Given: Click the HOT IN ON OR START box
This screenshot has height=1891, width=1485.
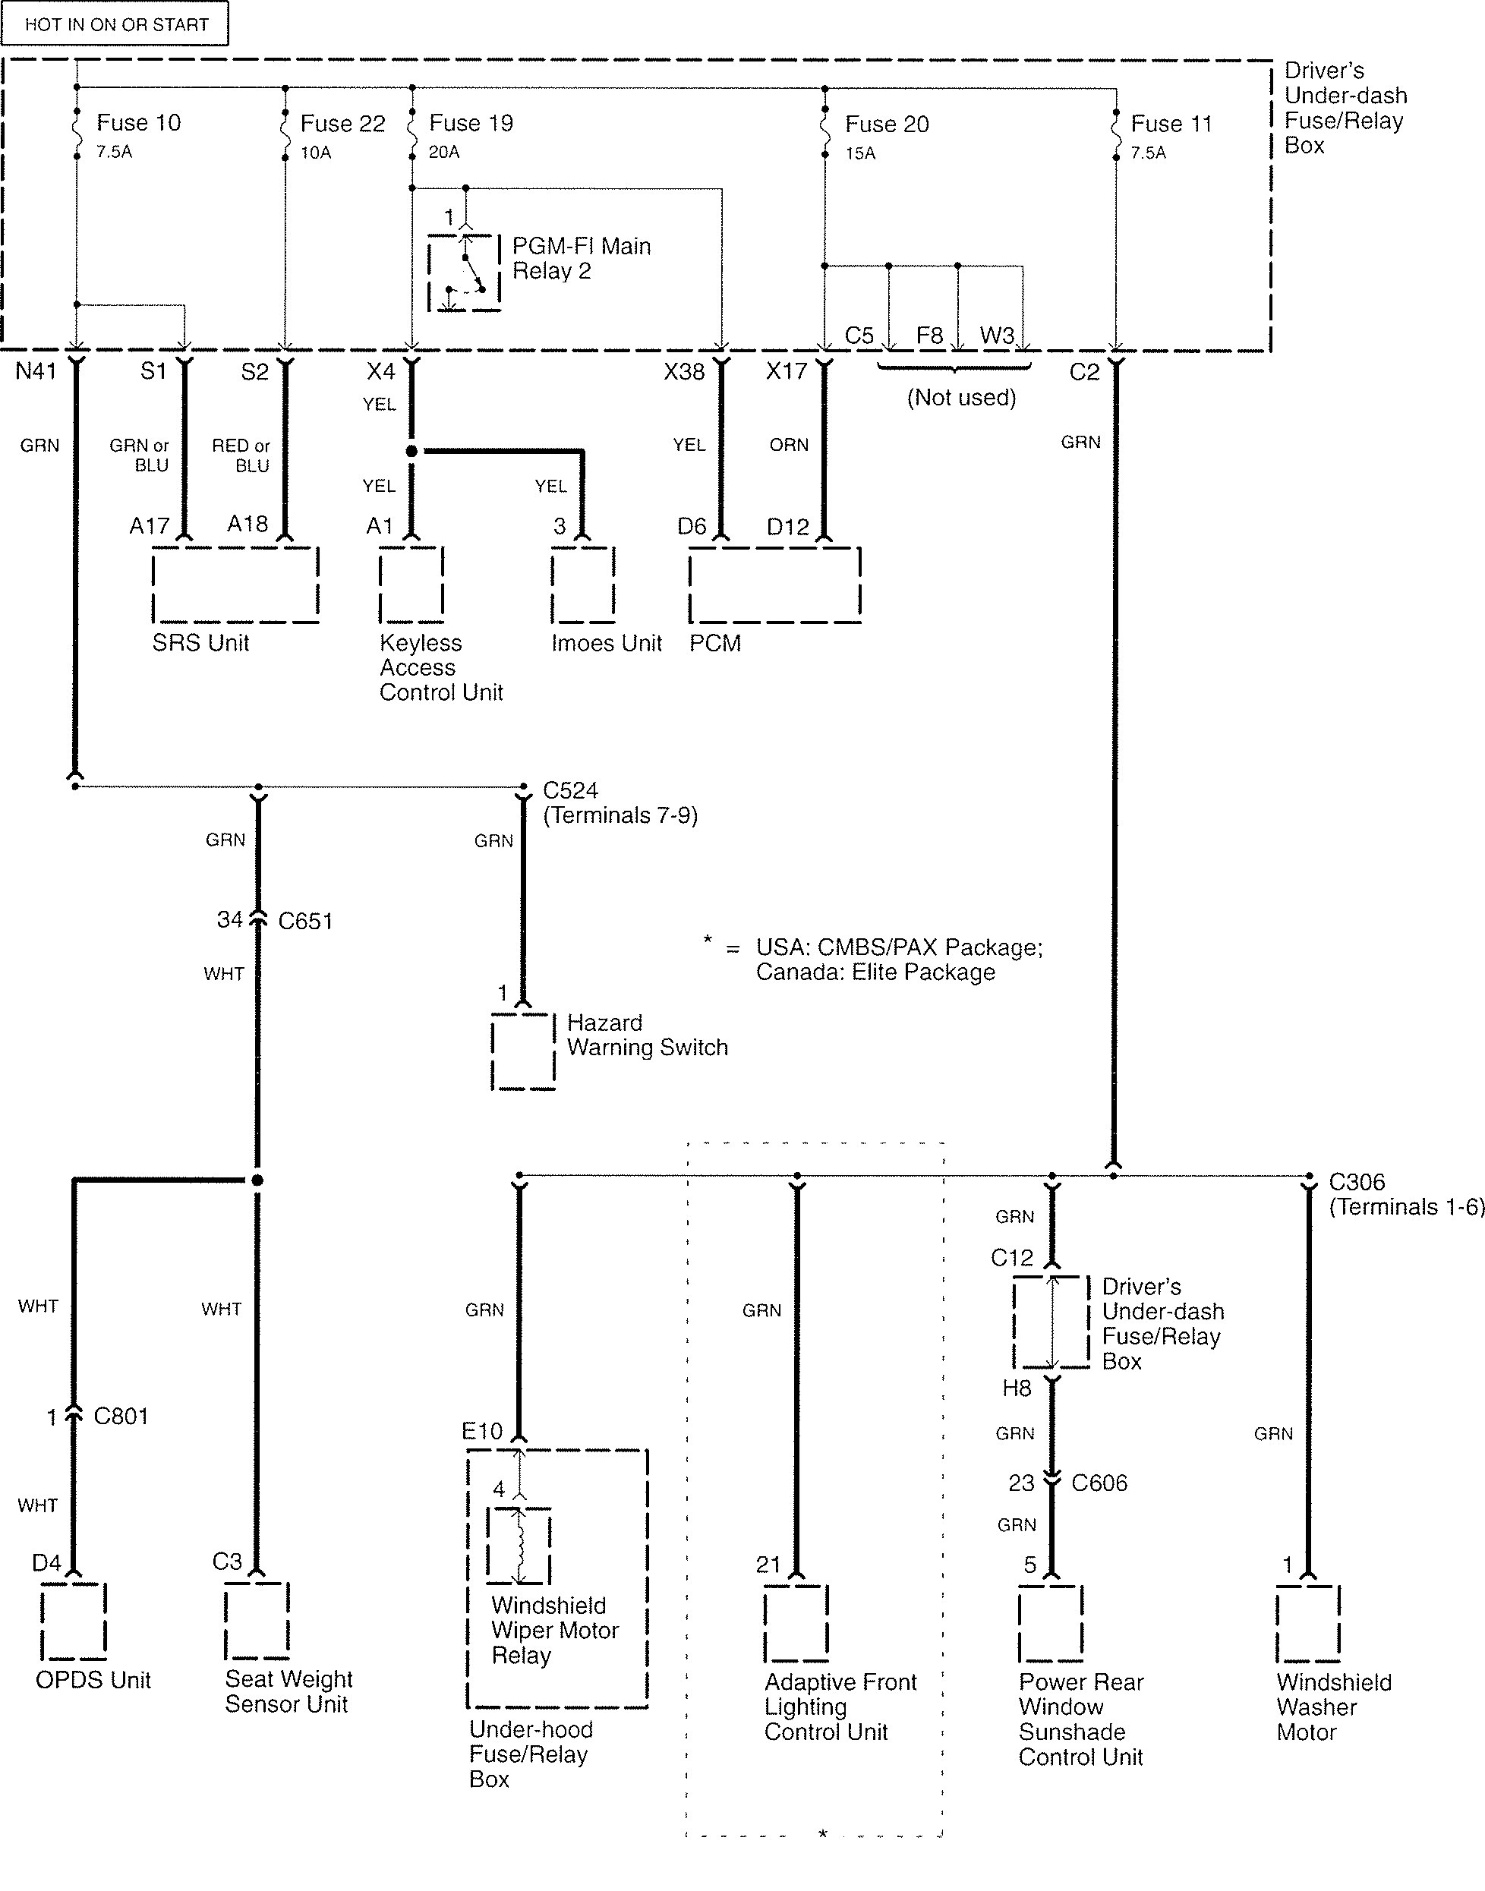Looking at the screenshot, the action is click(x=115, y=24).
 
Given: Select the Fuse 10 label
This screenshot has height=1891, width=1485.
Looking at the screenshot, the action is click(x=138, y=122).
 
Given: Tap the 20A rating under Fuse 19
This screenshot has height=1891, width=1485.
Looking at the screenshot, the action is click(x=443, y=152).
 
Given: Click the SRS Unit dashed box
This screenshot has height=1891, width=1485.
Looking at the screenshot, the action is click(x=235, y=585).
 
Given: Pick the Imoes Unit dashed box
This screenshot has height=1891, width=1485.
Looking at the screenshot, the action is click(x=582, y=585).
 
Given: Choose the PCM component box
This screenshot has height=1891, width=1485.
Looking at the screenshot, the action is click(x=774, y=585).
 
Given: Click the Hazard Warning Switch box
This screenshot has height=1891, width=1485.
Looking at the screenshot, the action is click(x=523, y=1051).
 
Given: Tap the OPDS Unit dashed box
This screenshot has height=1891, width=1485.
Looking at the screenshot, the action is click(x=74, y=1621).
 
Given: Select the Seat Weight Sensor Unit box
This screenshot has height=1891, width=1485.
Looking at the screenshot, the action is click(x=257, y=1621).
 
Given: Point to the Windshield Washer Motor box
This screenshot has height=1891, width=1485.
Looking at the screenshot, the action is click(x=1309, y=1623).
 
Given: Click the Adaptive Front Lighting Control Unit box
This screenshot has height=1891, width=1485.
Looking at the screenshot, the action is click(x=796, y=1623).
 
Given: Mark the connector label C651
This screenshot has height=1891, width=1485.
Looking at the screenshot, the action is click(x=305, y=922).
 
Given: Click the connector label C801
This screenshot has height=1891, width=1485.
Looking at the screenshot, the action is click(x=121, y=1417).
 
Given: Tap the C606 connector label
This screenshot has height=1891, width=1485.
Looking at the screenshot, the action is click(x=1099, y=1483).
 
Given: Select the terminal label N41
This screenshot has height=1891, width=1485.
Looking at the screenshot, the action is click(x=36, y=371).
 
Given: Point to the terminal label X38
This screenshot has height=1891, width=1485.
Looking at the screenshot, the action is click(x=684, y=372).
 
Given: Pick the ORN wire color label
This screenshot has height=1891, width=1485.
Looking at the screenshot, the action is click(x=789, y=445).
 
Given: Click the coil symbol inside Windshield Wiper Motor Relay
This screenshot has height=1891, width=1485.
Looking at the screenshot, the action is click(x=519, y=1546).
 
